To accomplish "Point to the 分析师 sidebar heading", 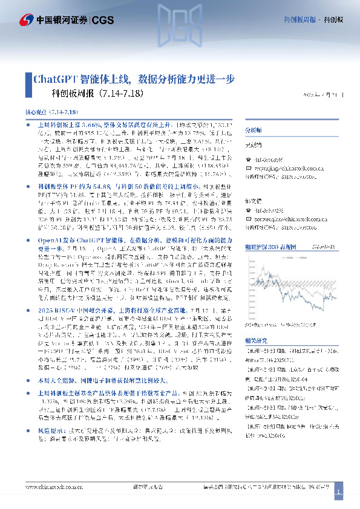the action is point(254,131).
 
